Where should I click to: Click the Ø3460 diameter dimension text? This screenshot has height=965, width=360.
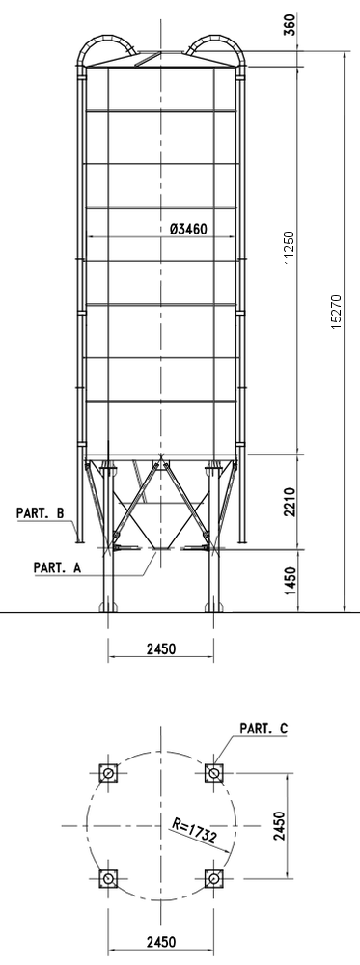point(188,229)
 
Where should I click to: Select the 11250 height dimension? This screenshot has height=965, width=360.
point(290,247)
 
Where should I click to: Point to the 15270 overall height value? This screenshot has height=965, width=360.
point(336,312)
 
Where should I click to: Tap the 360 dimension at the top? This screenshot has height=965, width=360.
point(291,24)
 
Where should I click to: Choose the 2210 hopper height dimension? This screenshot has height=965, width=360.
point(291,502)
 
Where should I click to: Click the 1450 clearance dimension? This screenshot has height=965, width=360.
point(291,580)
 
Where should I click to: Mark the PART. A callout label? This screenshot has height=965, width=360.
point(57,567)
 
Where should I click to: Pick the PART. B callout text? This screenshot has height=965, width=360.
point(40,512)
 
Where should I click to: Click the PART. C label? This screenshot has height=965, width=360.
point(263,729)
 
